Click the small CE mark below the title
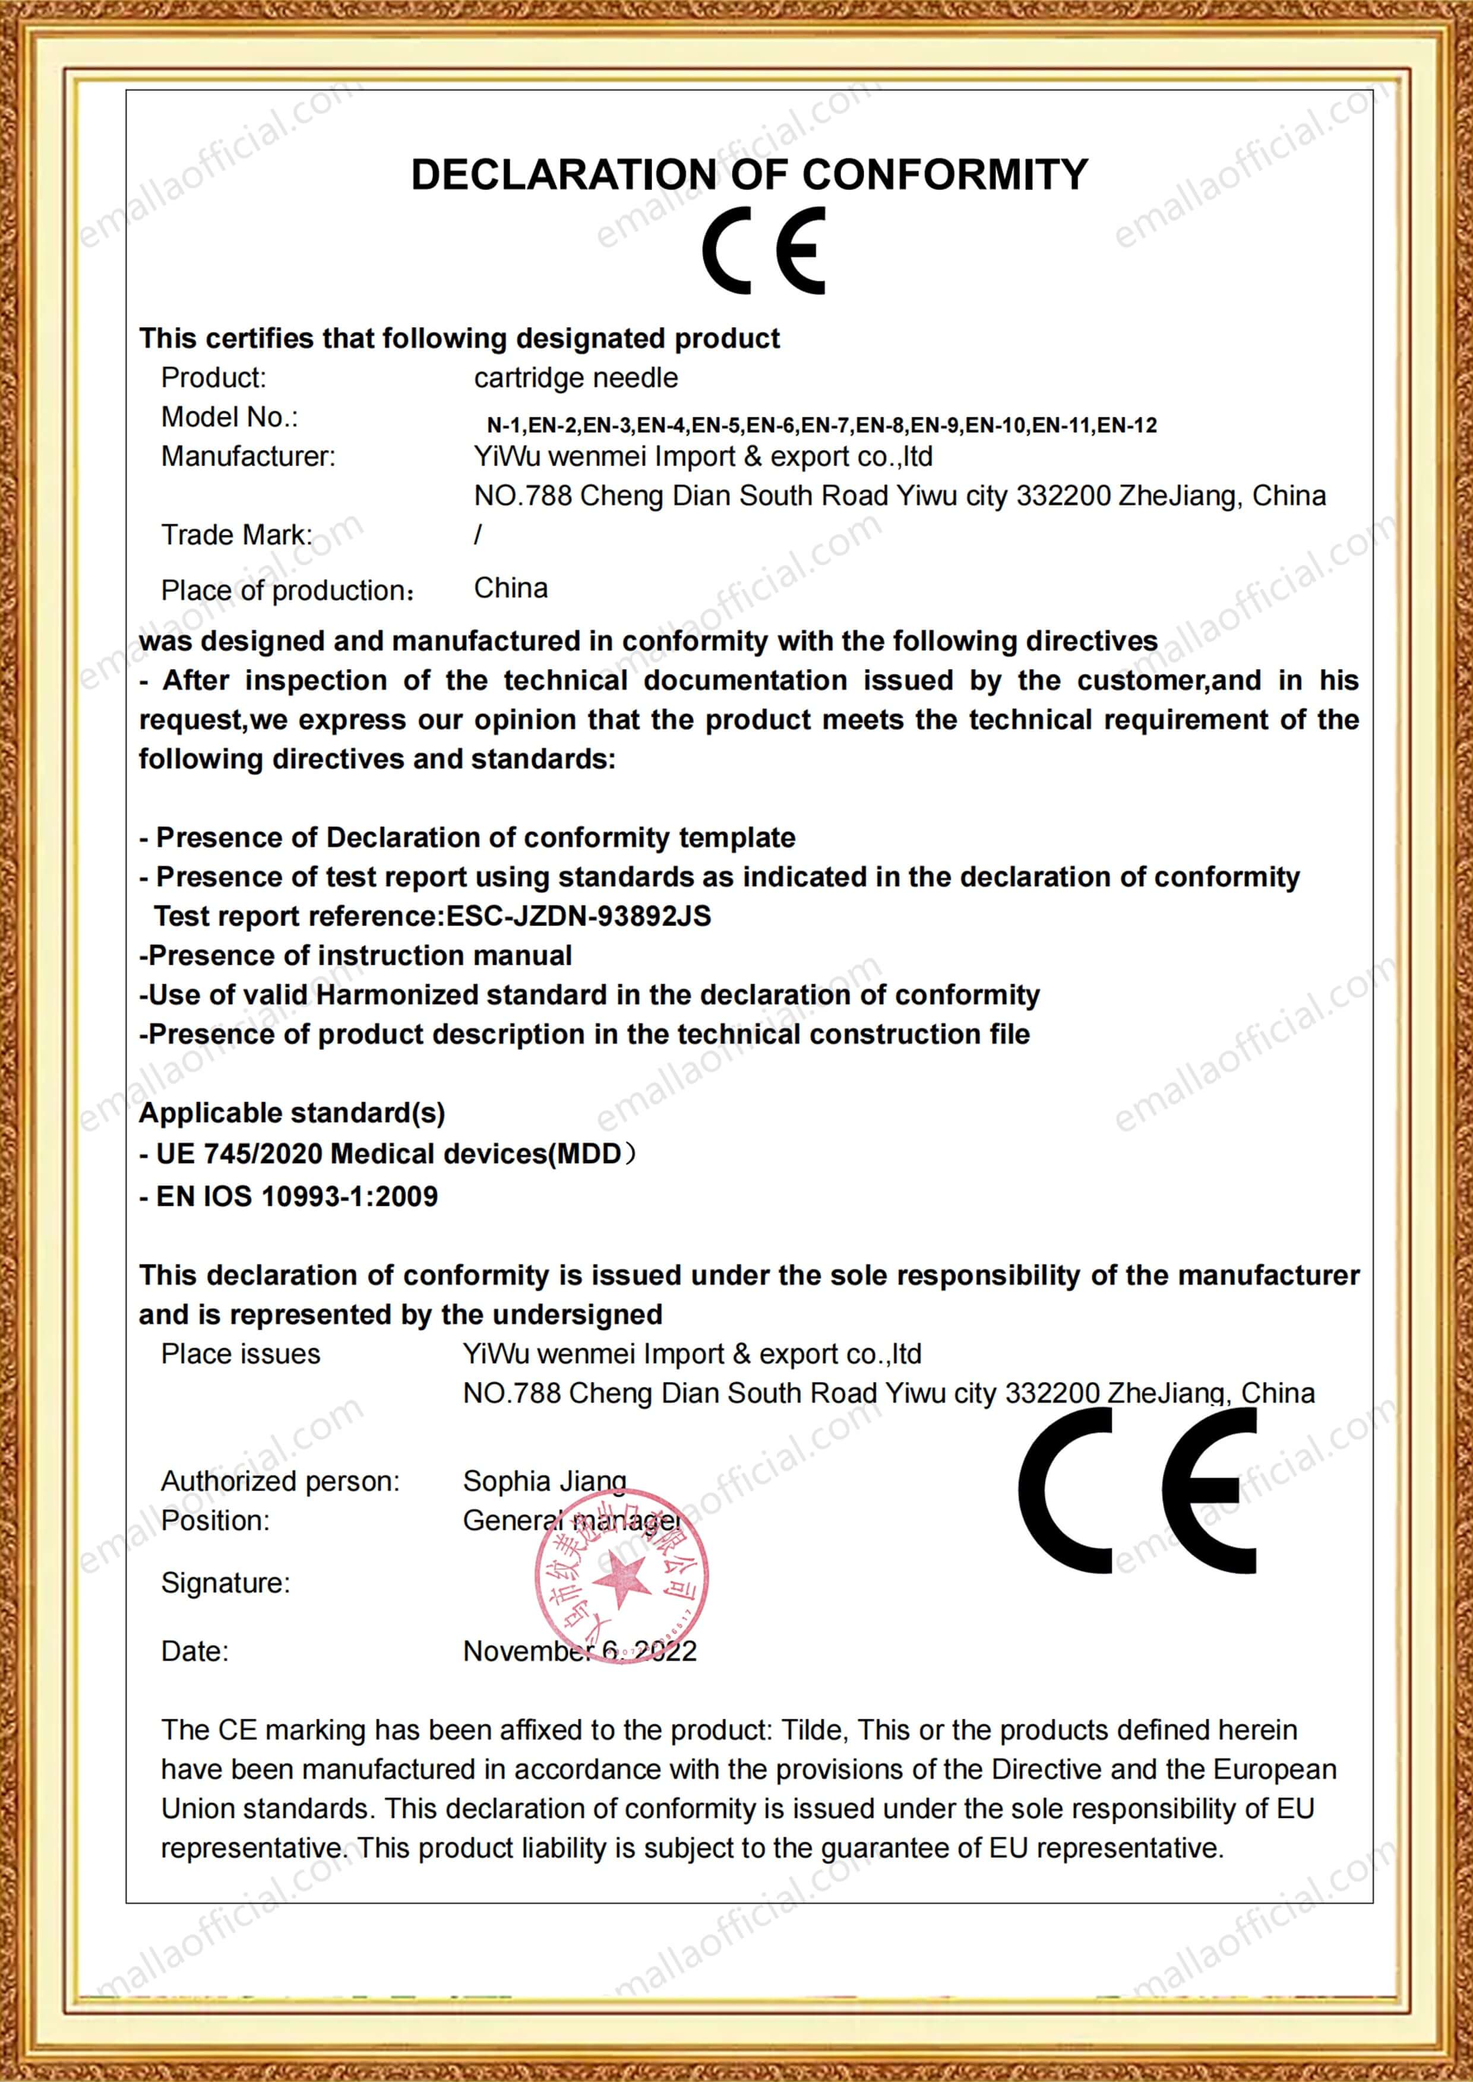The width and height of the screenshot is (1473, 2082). coord(764,251)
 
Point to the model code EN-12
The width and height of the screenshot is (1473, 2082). coord(1127,425)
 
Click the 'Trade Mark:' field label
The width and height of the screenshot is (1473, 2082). coord(236,535)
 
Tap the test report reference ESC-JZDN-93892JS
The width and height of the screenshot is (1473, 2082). coord(579,916)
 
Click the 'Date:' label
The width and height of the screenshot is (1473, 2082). coord(194,1650)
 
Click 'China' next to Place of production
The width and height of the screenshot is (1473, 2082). coord(511,588)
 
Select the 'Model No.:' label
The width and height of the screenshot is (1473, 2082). coord(229,417)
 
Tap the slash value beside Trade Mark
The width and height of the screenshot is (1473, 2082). coord(478,535)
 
